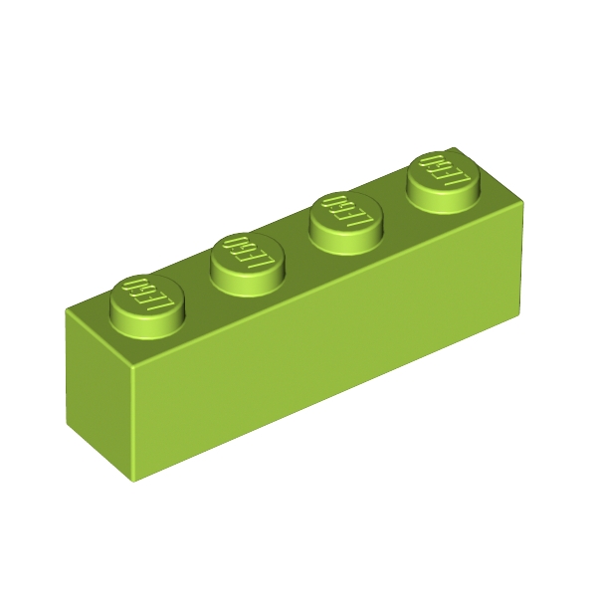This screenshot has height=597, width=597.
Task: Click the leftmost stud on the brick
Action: click(x=147, y=306)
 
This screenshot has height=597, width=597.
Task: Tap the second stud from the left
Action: click(x=248, y=265)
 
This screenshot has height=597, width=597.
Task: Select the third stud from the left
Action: click(x=346, y=224)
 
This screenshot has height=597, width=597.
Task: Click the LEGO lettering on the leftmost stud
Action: click(x=147, y=295)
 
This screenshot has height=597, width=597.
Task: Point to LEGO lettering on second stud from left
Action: click(x=248, y=253)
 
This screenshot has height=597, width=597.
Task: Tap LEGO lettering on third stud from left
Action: click(x=346, y=212)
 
